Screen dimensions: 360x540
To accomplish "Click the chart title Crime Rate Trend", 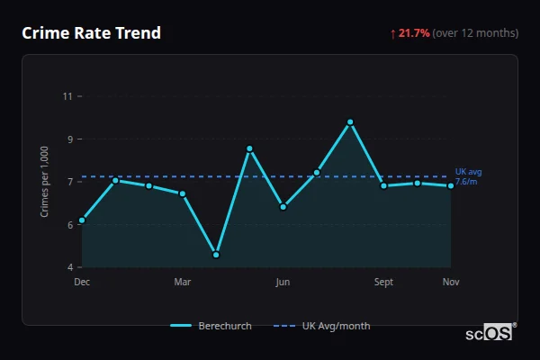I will tap(92, 33).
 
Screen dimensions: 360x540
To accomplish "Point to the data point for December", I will tap(82, 220).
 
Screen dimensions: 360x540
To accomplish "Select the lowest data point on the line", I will tap(216, 255).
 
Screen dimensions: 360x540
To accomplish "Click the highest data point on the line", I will tap(350, 121).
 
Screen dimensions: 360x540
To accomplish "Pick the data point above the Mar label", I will tap(183, 193).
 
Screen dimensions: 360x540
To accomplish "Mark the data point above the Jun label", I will tap(283, 207).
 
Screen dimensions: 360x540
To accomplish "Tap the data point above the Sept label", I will tap(383, 185).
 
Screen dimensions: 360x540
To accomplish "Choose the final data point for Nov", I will tap(451, 185).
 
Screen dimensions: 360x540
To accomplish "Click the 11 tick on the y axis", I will tap(67, 95).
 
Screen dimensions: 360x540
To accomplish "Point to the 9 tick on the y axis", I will tap(67, 139).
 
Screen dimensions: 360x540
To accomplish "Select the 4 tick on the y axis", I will tap(67, 267).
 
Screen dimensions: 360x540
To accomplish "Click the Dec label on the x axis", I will tap(82, 283).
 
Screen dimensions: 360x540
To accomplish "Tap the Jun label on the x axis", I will tap(283, 283).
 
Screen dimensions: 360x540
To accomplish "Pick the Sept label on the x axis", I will tap(383, 283).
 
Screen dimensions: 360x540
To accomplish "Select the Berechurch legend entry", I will tap(211, 326).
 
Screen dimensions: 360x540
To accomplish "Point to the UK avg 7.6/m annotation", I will tap(468, 176).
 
